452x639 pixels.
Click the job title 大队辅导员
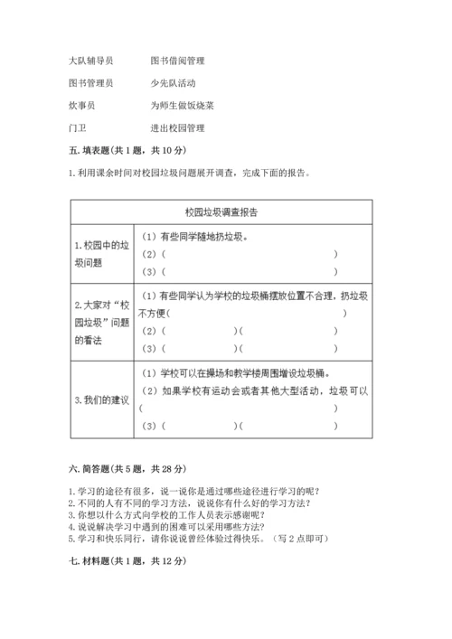pos(90,61)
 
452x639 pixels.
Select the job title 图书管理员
pos(90,82)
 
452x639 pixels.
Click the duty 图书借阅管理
pos(178,61)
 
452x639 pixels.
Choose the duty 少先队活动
pos(174,82)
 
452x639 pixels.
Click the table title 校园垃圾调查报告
pos(221,212)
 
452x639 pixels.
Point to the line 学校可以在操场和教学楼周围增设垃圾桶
pos(237,372)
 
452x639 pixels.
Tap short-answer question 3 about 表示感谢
pos(167,514)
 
